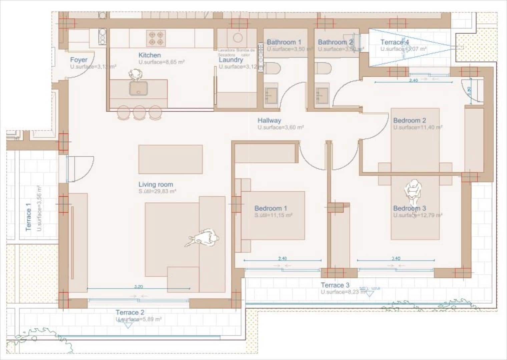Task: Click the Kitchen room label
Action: [149, 55]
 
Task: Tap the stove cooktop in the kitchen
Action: [156, 38]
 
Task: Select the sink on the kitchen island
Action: [137, 88]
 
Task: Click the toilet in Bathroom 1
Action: [272, 69]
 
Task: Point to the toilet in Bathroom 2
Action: [323, 69]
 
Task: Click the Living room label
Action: [156, 184]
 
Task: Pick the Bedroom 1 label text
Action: [271, 208]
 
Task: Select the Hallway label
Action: [269, 120]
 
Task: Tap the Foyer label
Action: [79, 60]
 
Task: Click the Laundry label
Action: [231, 60]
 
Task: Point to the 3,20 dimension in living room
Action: [138, 286]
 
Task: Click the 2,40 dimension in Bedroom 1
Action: [282, 258]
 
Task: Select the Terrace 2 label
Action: [130, 312]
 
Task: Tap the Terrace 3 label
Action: [335, 285]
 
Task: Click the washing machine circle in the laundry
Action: [238, 38]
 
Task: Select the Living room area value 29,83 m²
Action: [157, 192]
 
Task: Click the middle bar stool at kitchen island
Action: [139, 113]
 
